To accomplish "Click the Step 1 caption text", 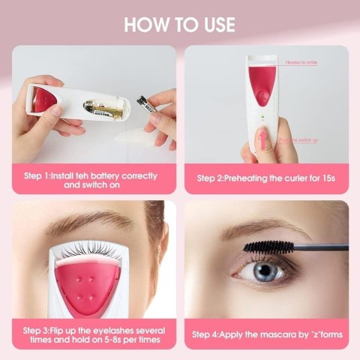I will [91, 179].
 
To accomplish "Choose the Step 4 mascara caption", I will [268, 334].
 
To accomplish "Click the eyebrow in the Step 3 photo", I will [82, 219].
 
